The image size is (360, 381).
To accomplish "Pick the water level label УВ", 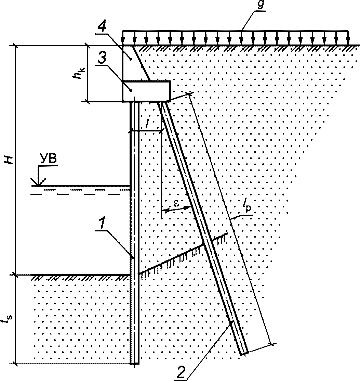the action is click(48, 160).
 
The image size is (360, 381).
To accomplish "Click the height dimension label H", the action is click(9, 160).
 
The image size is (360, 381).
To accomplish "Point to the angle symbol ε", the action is click(176, 204).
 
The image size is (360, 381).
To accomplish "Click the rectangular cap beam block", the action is click(146, 91).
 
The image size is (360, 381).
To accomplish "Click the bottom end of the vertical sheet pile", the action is click(134, 364).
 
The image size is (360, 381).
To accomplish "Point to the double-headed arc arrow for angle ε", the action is click(176, 209).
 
